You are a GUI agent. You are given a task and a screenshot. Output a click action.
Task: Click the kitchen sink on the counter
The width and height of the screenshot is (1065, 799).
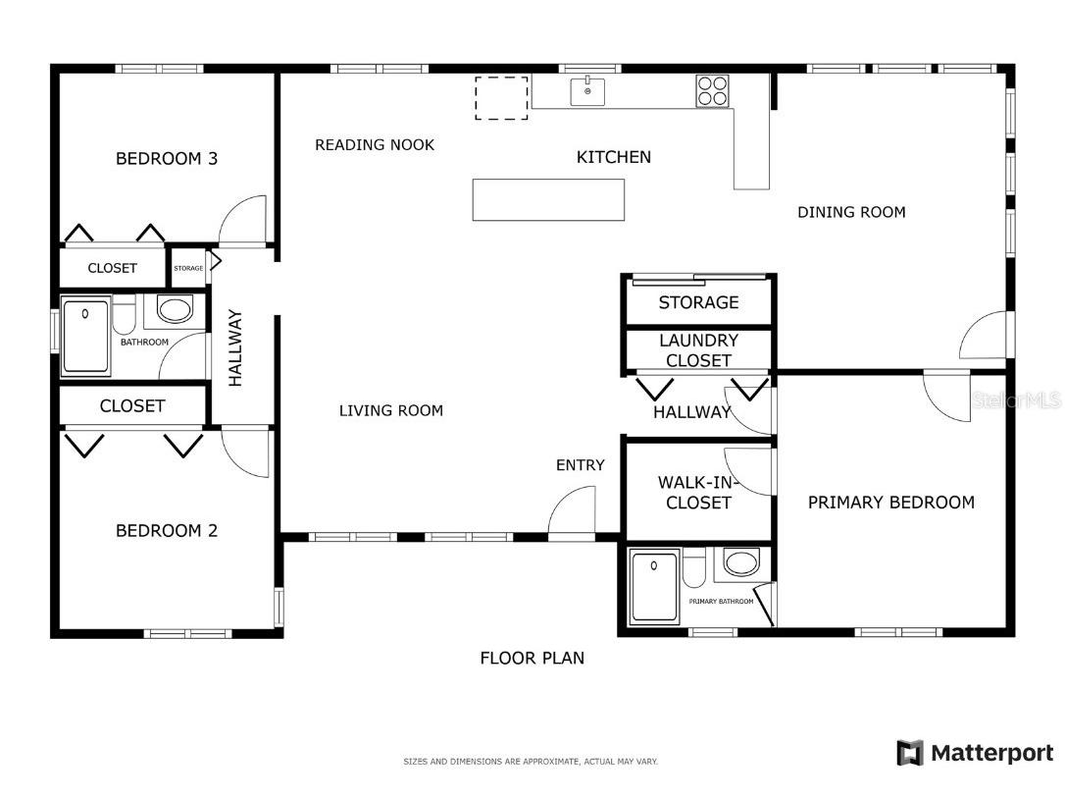[x=587, y=92]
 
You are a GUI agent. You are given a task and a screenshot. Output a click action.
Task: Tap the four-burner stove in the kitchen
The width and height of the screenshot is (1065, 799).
[x=713, y=91]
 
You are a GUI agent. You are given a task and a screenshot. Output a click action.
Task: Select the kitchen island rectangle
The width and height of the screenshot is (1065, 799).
[x=548, y=200]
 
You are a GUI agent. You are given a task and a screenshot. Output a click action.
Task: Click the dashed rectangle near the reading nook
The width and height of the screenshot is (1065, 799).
[x=501, y=98]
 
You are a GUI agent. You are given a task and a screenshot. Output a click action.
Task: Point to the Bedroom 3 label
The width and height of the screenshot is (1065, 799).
[x=167, y=158]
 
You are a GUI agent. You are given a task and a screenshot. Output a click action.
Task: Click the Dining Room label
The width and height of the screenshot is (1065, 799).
[x=851, y=212]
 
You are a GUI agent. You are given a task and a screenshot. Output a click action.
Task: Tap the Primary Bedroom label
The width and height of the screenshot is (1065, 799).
[x=891, y=503]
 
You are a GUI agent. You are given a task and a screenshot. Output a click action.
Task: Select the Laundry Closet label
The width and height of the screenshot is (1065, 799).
[x=698, y=350]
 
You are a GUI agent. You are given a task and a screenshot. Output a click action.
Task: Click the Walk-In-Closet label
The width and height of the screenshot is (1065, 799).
[x=697, y=493]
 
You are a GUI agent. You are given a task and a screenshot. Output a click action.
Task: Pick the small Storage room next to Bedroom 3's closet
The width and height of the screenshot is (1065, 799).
[x=188, y=268]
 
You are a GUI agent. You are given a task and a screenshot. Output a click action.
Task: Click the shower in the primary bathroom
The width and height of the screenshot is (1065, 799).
[x=654, y=587]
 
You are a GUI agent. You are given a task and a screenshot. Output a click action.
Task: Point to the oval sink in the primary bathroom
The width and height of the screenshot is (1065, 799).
[x=741, y=563]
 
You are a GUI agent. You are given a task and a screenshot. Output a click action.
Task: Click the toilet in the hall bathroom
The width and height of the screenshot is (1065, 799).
[x=124, y=313]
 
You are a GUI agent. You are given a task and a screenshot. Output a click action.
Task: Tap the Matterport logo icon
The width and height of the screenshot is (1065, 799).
[x=910, y=753]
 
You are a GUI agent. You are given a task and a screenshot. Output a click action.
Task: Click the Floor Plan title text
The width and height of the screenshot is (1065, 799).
[x=532, y=659]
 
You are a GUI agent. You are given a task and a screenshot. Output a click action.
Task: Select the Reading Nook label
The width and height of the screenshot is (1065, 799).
[x=375, y=145]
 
